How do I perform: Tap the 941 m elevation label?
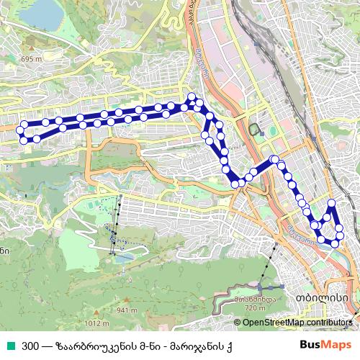tap(127, 310)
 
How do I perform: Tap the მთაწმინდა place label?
tap(255, 298)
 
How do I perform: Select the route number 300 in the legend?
tap(30, 346)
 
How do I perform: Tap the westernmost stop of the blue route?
tap(22, 131)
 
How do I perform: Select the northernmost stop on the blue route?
tap(192, 97)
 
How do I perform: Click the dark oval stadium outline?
tap(255, 129)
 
